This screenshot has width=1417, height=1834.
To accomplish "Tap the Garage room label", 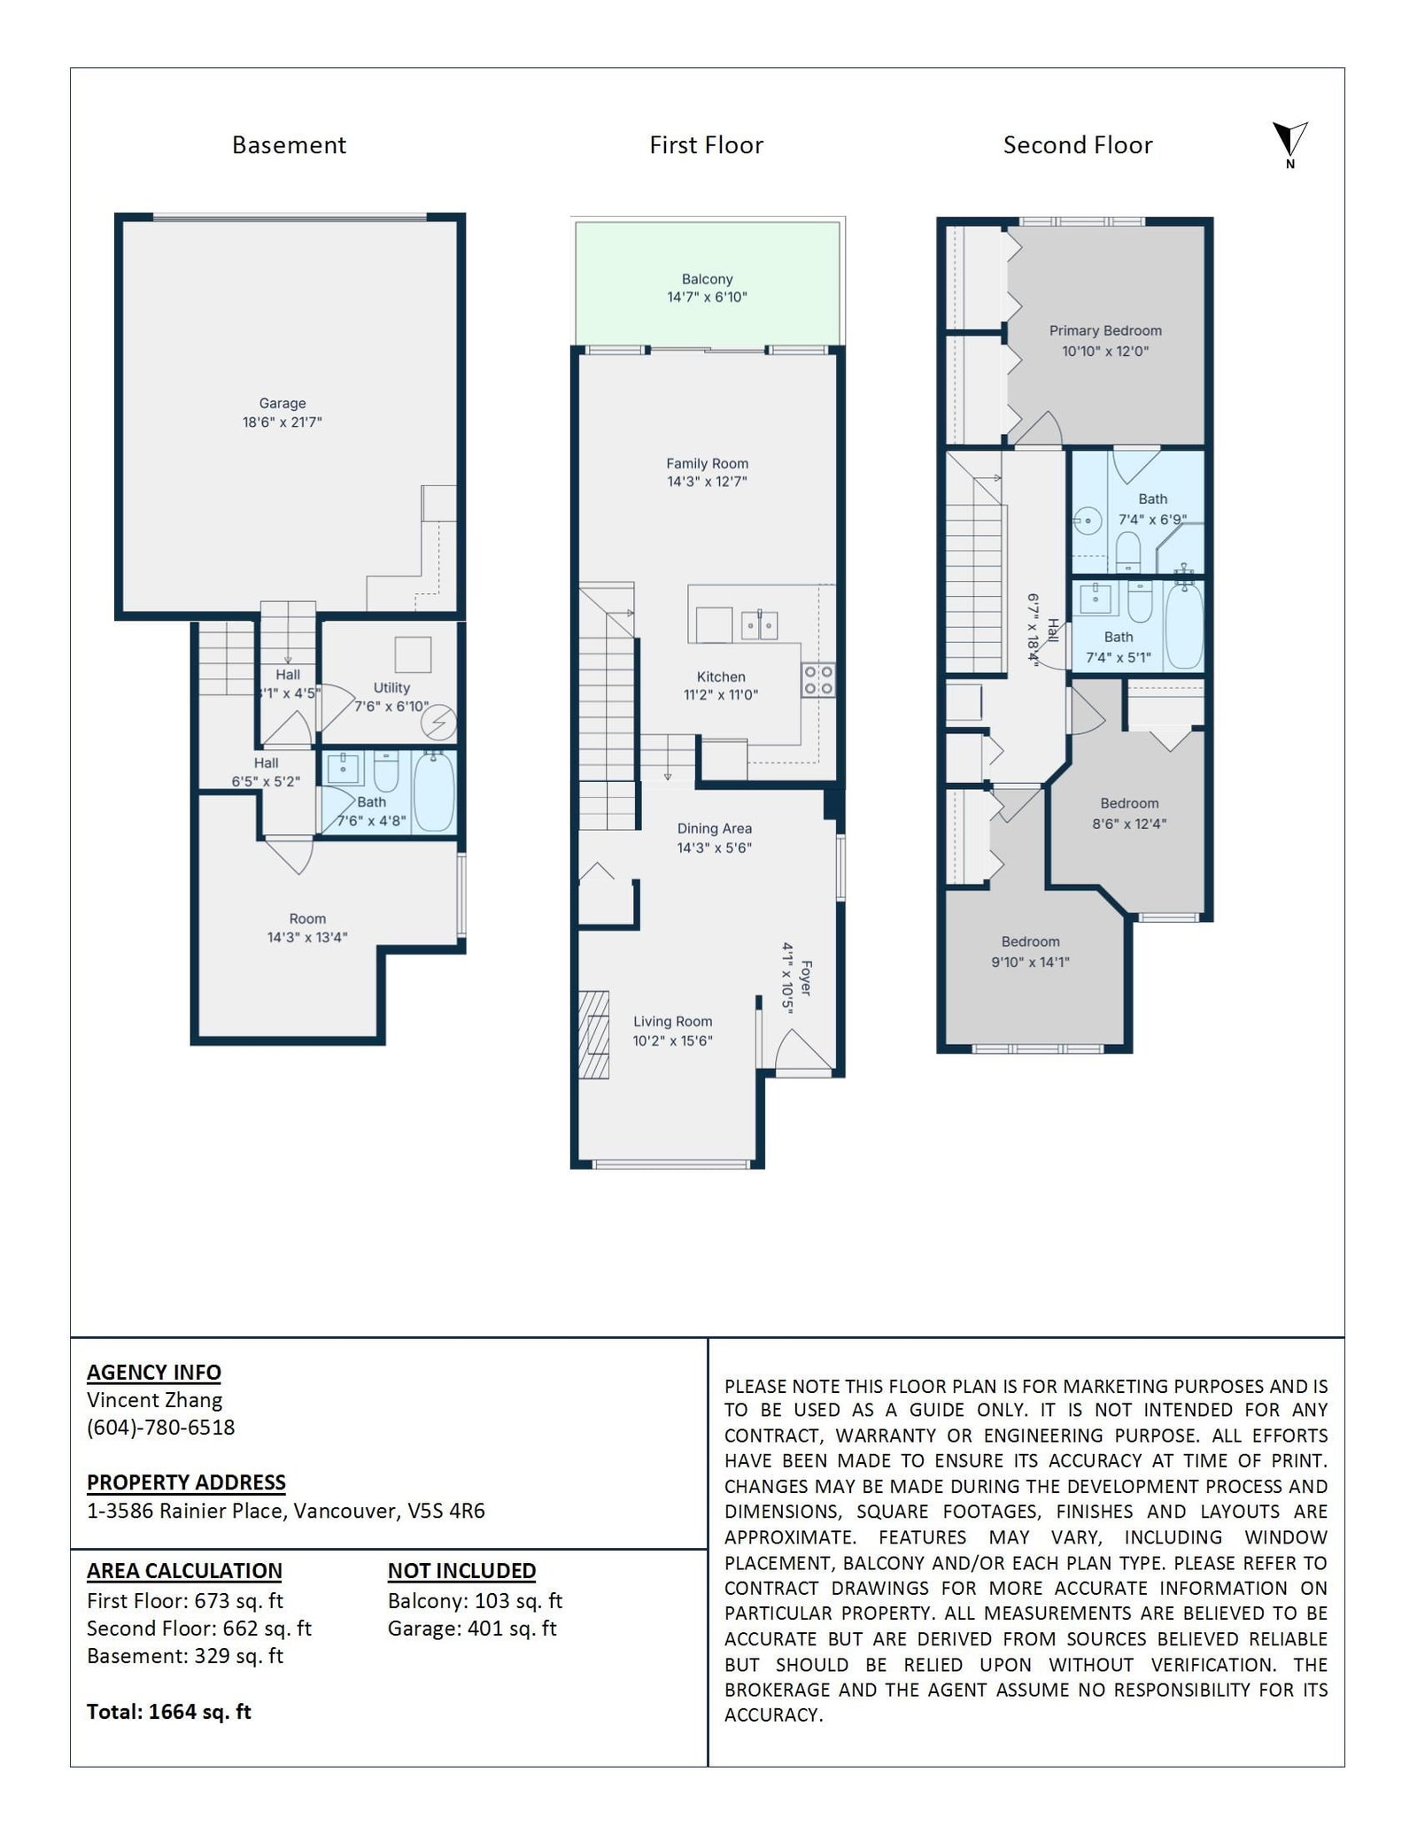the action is tap(283, 403).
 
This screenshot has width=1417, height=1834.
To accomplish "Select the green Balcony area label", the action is tap(707, 279).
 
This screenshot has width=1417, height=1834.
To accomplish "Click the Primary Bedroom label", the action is tap(1105, 330).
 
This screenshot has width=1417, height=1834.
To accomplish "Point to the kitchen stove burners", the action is tap(818, 680).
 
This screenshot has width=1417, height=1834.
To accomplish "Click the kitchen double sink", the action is tap(760, 625).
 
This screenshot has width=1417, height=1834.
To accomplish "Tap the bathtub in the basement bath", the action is tap(434, 791).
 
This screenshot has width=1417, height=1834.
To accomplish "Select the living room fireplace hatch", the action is tap(594, 1033).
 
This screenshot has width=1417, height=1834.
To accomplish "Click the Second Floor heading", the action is tap(1078, 145).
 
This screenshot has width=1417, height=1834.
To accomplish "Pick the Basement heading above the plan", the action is tap(289, 145).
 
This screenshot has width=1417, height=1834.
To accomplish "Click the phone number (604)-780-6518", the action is tap(161, 1428).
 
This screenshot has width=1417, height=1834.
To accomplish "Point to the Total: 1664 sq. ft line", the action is tap(169, 1712).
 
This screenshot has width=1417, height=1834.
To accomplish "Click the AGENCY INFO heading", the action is tap(154, 1372).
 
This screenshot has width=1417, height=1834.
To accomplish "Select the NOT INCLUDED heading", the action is tap(461, 1570).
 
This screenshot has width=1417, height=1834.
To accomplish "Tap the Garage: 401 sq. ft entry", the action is tap(472, 1628).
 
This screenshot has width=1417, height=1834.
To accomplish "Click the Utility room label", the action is tap(391, 687).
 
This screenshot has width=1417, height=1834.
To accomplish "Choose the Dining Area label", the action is tap(715, 829).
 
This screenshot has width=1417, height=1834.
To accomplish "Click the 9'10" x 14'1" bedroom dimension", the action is tap(1030, 962).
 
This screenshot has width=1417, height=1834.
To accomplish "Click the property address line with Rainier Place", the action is tap(286, 1511).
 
